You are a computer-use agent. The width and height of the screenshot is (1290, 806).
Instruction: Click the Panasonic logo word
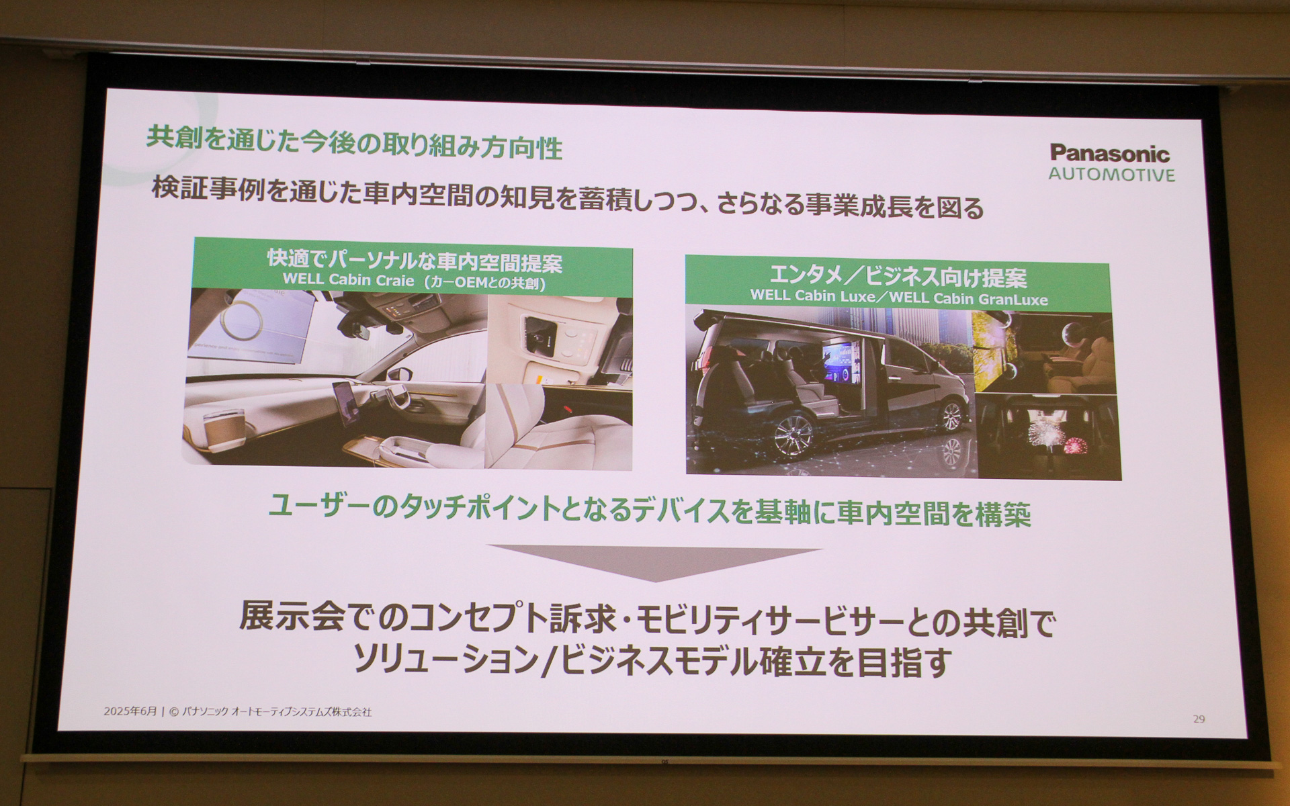click(x=1110, y=154)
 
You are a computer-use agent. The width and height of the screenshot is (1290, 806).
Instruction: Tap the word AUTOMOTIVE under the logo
click(x=1111, y=175)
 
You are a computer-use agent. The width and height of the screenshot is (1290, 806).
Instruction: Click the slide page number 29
click(x=1199, y=719)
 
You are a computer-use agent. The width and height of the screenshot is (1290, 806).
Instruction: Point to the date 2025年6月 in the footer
click(x=130, y=711)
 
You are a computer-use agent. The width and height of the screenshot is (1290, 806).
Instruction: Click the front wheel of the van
click(x=951, y=416)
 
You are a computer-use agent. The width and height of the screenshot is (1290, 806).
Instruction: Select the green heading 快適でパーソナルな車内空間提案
click(x=415, y=261)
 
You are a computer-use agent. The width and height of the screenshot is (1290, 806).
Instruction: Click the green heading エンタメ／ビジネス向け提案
click(x=898, y=277)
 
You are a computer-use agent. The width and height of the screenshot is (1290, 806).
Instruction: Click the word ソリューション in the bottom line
click(x=445, y=661)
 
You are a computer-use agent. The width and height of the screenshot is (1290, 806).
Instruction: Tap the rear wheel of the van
click(x=795, y=435)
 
